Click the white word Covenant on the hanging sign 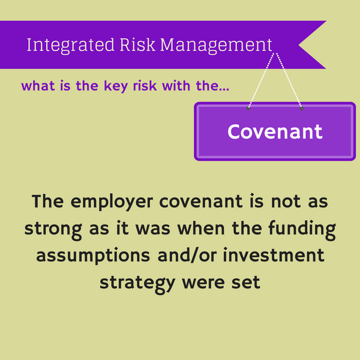[x=275, y=131]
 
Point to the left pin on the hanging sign [x=248, y=109]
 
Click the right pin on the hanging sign [x=301, y=109]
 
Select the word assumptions [x=91, y=255]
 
